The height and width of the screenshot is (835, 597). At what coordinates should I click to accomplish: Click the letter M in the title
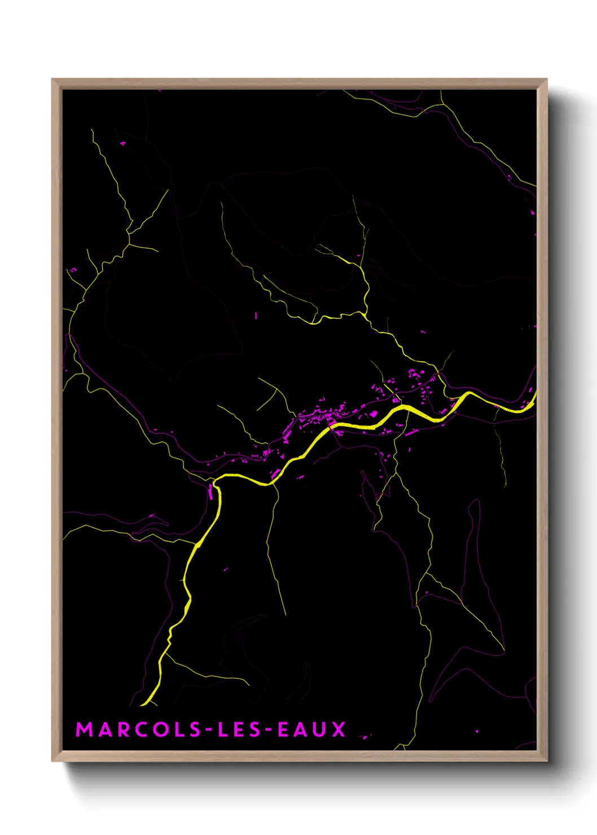point(85,729)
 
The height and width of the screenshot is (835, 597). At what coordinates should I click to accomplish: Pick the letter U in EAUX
point(318,729)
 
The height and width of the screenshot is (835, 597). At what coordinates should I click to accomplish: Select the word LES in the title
point(239,729)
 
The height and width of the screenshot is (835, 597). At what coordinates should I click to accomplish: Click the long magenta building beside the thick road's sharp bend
point(211,491)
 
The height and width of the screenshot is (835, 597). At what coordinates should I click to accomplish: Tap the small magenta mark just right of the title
point(365,736)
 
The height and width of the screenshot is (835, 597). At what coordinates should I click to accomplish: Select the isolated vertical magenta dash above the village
point(256,316)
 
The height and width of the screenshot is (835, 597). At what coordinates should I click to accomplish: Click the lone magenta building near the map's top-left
point(123,144)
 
